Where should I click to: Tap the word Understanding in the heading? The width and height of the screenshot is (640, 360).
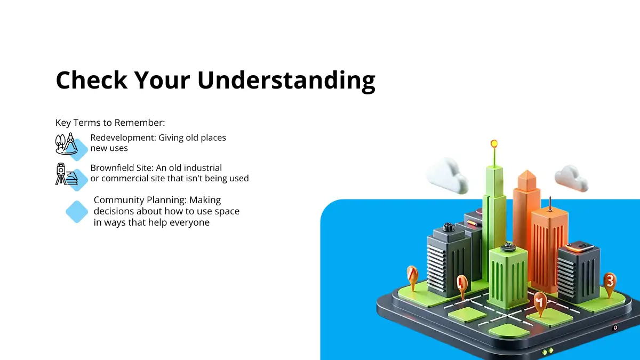286,82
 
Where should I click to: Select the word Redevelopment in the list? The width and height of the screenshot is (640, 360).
123,138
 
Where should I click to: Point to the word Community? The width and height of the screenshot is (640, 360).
119,200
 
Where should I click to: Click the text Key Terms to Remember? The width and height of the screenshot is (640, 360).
110,123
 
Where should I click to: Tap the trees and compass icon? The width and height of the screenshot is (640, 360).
67,143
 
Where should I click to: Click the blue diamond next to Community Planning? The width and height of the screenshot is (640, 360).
77,212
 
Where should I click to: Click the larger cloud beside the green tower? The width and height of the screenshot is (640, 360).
447,176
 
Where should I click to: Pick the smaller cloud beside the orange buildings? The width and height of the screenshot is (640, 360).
571,178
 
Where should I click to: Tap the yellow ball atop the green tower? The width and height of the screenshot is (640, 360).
494,143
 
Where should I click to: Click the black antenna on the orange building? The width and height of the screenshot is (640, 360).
550,204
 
